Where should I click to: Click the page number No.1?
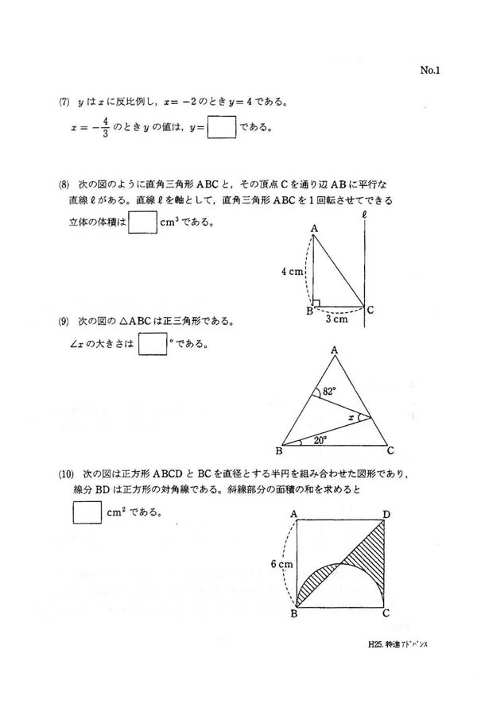click(x=429, y=71)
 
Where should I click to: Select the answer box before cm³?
click(x=142, y=222)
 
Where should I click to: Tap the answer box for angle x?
click(x=152, y=343)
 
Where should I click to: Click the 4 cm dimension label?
click(x=293, y=271)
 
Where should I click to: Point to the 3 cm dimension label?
click(x=336, y=319)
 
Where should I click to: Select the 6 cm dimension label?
click(x=282, y=565)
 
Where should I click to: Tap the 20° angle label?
click(x=320, y=439)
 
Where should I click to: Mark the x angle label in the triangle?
click(x=351, y=417)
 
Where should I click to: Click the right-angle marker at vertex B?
click(x=316, y=303)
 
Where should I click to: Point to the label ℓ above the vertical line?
click(x=363, y=214)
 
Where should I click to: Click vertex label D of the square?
click(x=386, y=515)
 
